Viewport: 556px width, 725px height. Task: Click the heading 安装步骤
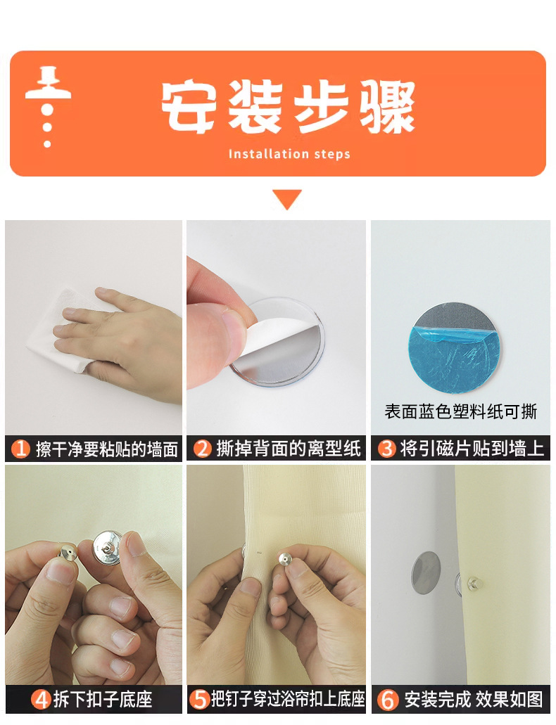[x=288, y=108]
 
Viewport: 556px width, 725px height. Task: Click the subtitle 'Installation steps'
[x=289, y=154]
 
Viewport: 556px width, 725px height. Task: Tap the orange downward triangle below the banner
[x=287, y=199]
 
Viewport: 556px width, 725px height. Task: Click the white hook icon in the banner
[x=47, y=105]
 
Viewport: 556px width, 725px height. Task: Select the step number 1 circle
[x=22, y=449]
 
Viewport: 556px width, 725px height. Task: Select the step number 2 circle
[x=203, y=449]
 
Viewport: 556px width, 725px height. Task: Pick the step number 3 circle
[x=387, y=449]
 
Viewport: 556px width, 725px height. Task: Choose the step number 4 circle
[x=42, y=700]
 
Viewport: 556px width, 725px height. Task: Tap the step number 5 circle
[x=201, y=700]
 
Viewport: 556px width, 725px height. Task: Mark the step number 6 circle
[x=388, y=700]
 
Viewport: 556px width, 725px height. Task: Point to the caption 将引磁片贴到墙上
[x=472, y=449]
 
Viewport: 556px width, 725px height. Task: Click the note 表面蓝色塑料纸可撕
[x=460, y=411]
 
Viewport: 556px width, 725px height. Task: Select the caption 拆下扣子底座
[x=103, y=700]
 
